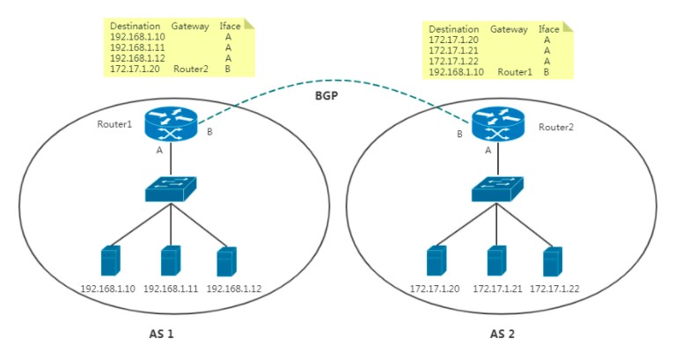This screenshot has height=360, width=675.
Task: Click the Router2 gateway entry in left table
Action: point(190,67)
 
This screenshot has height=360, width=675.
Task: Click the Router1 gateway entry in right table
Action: point(515,71)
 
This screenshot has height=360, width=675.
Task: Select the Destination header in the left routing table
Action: point(136,27)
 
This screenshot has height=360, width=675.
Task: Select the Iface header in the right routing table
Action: point(548,29)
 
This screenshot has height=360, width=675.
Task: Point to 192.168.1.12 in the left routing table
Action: point(137,57)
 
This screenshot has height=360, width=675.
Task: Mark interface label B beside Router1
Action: point(209,133)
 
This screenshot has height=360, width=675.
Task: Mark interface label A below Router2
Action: point(488,151)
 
